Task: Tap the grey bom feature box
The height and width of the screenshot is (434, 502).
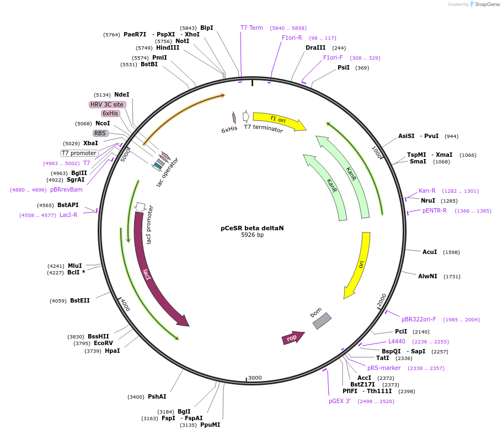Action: pyautogui.click(x=322, y=321)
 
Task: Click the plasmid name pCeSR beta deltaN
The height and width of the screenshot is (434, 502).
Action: pyautogui.click(x=252, y=227)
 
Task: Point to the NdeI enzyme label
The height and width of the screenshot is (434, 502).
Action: pyautogui.click(x=121, y=95)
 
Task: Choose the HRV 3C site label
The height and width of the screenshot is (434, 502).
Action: pyautogui.click(x=108, y=104)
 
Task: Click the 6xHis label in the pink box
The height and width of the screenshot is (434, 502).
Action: pyautogui.click(x=110, y=113)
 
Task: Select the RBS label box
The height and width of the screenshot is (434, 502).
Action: pyautogui.click(x=100, y=133)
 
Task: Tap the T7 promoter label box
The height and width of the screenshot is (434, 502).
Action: pyautogui.click(x=79, y=153)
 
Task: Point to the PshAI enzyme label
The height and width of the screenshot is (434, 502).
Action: pyautogui.click(x=157, y=396)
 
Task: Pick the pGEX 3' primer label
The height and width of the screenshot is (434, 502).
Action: pyautogui.click(x=340, y=401)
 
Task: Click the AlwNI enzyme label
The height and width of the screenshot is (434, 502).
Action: pyautogui.click(x=428, y=276)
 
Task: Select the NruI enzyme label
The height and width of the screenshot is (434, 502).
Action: pyautogui.click(x=428, y=200)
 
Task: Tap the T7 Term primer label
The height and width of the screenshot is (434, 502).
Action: pyautogui.click(x=252, y=28)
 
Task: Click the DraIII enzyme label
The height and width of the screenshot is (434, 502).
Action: pyautogui.click(x=316, y=47)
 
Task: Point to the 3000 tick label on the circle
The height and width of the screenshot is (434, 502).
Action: pyautogui.click(x=255, y=378)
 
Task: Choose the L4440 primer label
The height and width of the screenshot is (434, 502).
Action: pyautogui.click(x=397, y=341)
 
